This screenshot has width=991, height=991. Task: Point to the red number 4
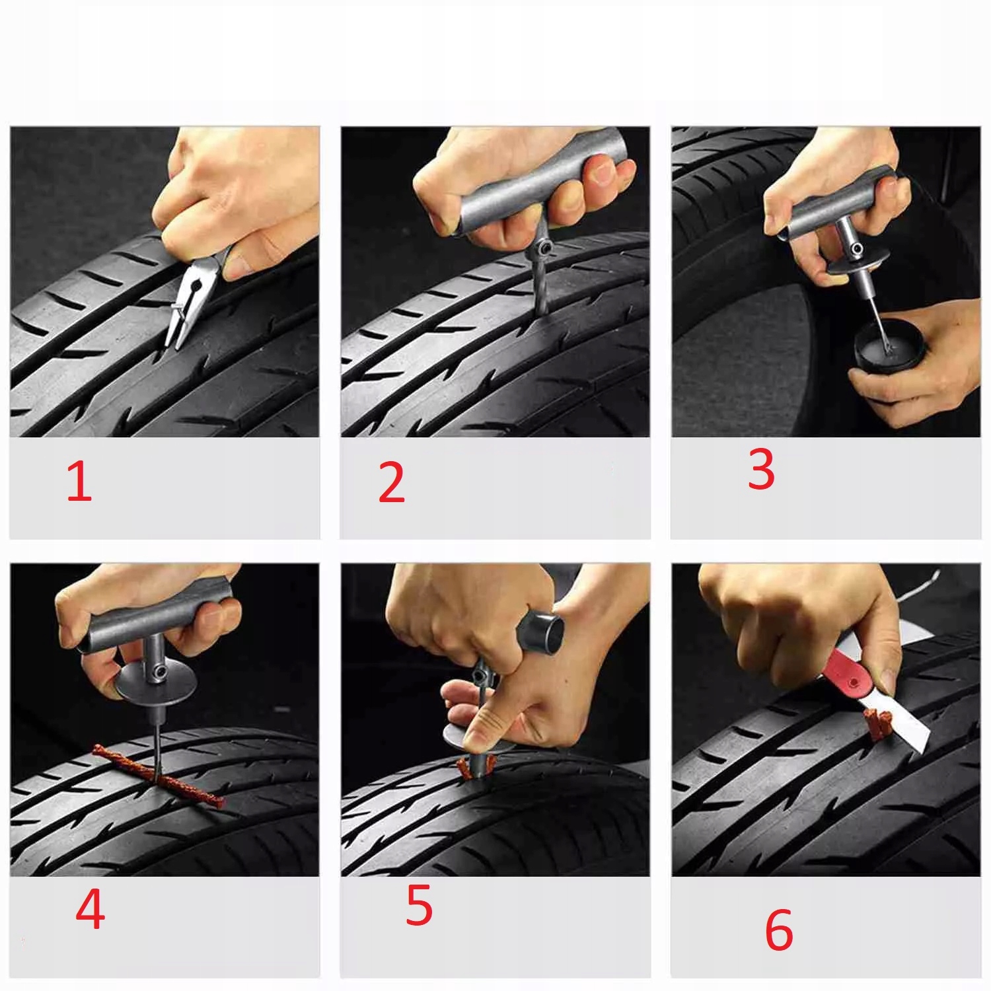coord(91,910)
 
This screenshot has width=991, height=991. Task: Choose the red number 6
coord(779,930)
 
